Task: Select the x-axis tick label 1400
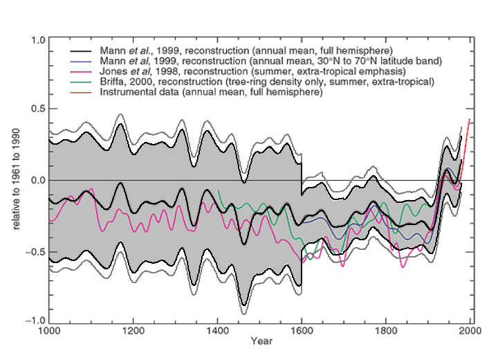pos(217,331)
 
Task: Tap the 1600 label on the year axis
pos(302,331)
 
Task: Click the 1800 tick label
pos(386,331)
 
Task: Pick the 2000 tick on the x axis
pos(470,331)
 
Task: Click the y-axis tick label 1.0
pos(38,40)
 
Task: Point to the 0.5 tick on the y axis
pos(38,110)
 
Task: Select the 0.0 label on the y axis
pos(38,181)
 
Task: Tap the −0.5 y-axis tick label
pos(35,251)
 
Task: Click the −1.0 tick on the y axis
pos(35,321)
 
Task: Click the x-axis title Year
pos(261,341)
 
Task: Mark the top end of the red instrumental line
pos(470,119)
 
